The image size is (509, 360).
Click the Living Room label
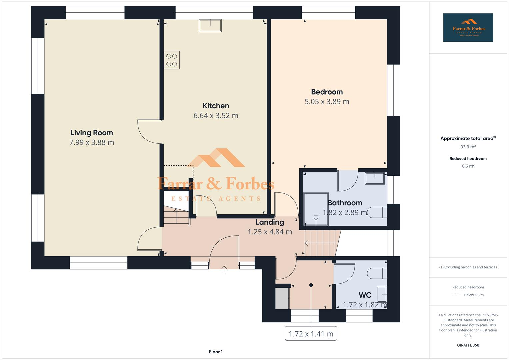(92, 133)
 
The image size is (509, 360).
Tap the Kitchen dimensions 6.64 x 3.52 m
(216, 116)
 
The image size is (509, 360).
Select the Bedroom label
(327, 92)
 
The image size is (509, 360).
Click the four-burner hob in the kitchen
(172, 60)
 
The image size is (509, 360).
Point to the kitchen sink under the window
(210, 26)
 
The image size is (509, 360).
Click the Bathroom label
(345, 203)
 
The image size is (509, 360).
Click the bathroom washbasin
(375, 178)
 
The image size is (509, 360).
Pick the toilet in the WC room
(378, 273)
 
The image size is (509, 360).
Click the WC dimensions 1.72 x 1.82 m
(365, 305)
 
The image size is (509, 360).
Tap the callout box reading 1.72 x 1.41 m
(311, 334)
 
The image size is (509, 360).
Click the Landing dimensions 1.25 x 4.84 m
(270, 232)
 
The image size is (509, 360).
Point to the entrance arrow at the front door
(224, 269)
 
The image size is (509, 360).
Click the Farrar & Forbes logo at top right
(468, 28)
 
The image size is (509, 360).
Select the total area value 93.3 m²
(468, 147)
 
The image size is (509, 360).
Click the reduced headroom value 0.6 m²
(468, 166)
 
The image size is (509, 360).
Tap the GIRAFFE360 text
(468, 345)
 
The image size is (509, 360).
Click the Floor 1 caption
(216, 352)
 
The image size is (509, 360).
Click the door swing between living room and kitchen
(148, 132)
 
